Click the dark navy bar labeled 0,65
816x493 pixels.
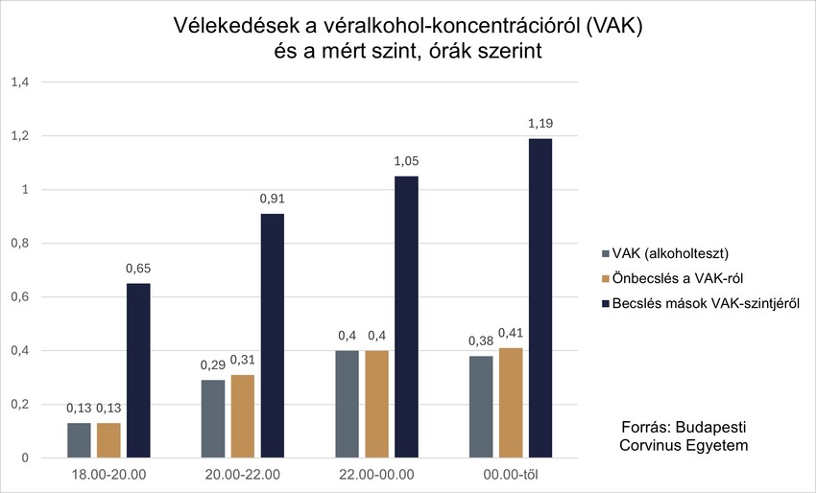pos(138,370)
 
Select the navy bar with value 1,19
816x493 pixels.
pos(540,298)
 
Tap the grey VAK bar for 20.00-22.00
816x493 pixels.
pos(213,418)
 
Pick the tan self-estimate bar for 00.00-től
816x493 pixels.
pos(511,403)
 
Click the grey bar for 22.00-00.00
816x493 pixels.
pos(347,404)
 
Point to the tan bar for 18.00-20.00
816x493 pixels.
pos(108,440)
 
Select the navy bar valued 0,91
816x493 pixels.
pos(273,336)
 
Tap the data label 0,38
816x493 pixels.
pos(480,340)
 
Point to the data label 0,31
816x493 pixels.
pos(243,360)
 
